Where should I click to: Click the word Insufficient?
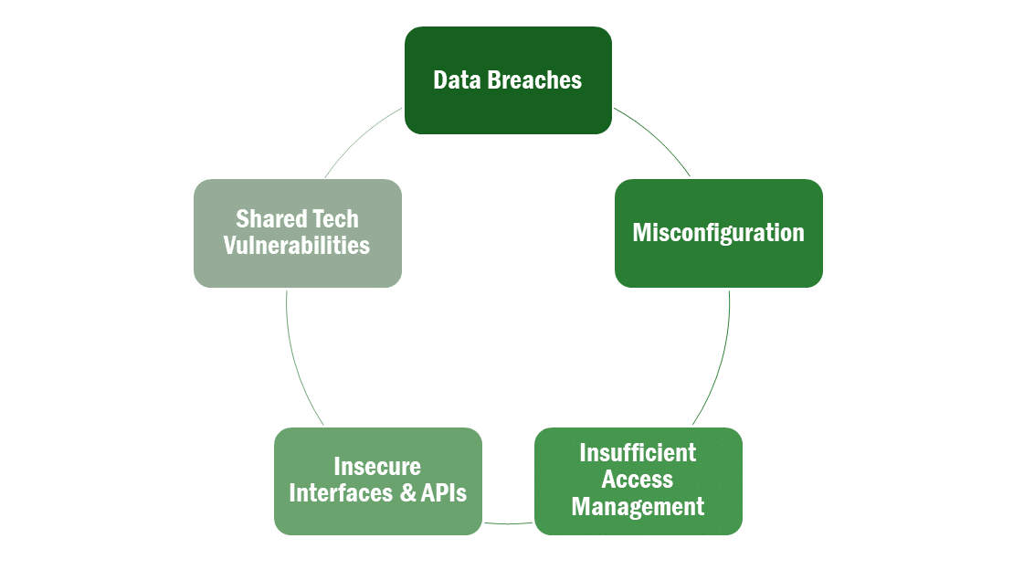[638, 452]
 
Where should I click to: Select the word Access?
[638, 479]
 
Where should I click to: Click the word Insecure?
[377, 466]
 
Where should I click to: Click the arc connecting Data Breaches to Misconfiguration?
[656, 136]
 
